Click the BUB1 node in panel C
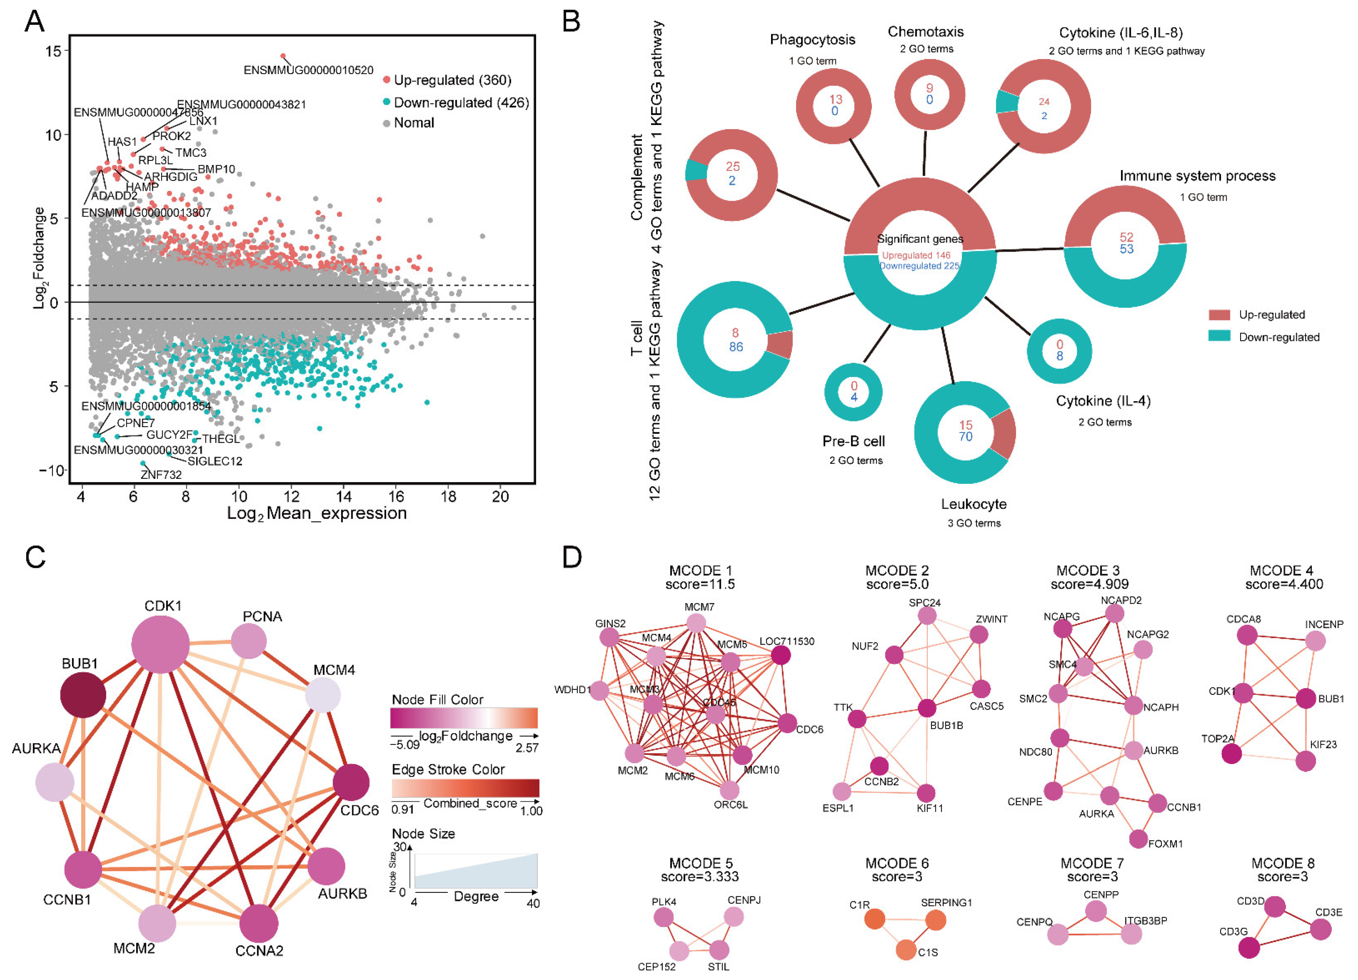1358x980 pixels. pyautogui.click(x=83, y=695)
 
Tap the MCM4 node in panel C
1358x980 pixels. pyautogui.click(x=323, y=695)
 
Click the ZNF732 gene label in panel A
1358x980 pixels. pyautogui.click(x=161, y=474)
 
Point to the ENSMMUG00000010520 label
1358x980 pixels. pyautogui.click(x=308, y=70)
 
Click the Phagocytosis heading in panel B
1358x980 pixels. pyautogui.click(x=813, y=40)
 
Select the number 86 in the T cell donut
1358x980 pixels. pyautogui.click(x=736, y=347)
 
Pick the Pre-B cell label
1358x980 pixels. pyautogui.click(x=853, y=441)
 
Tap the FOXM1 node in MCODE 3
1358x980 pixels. pyautogui.click(x=1138, y=839)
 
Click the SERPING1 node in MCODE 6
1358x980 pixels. pyautogui.click(x=936, y=920)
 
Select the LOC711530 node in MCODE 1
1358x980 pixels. pyautogui.click(x=780, y=655)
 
